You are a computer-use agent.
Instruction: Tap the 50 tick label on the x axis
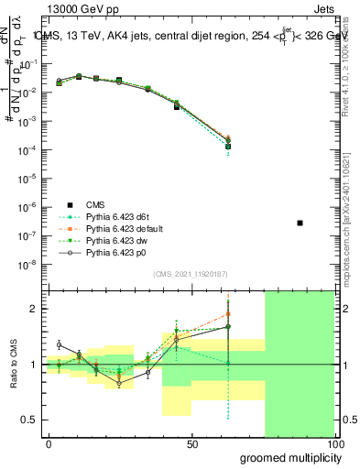tap(191, 444)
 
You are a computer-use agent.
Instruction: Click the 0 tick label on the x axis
tap(49, 444)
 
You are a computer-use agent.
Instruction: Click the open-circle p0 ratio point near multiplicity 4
tap(59, 344)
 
